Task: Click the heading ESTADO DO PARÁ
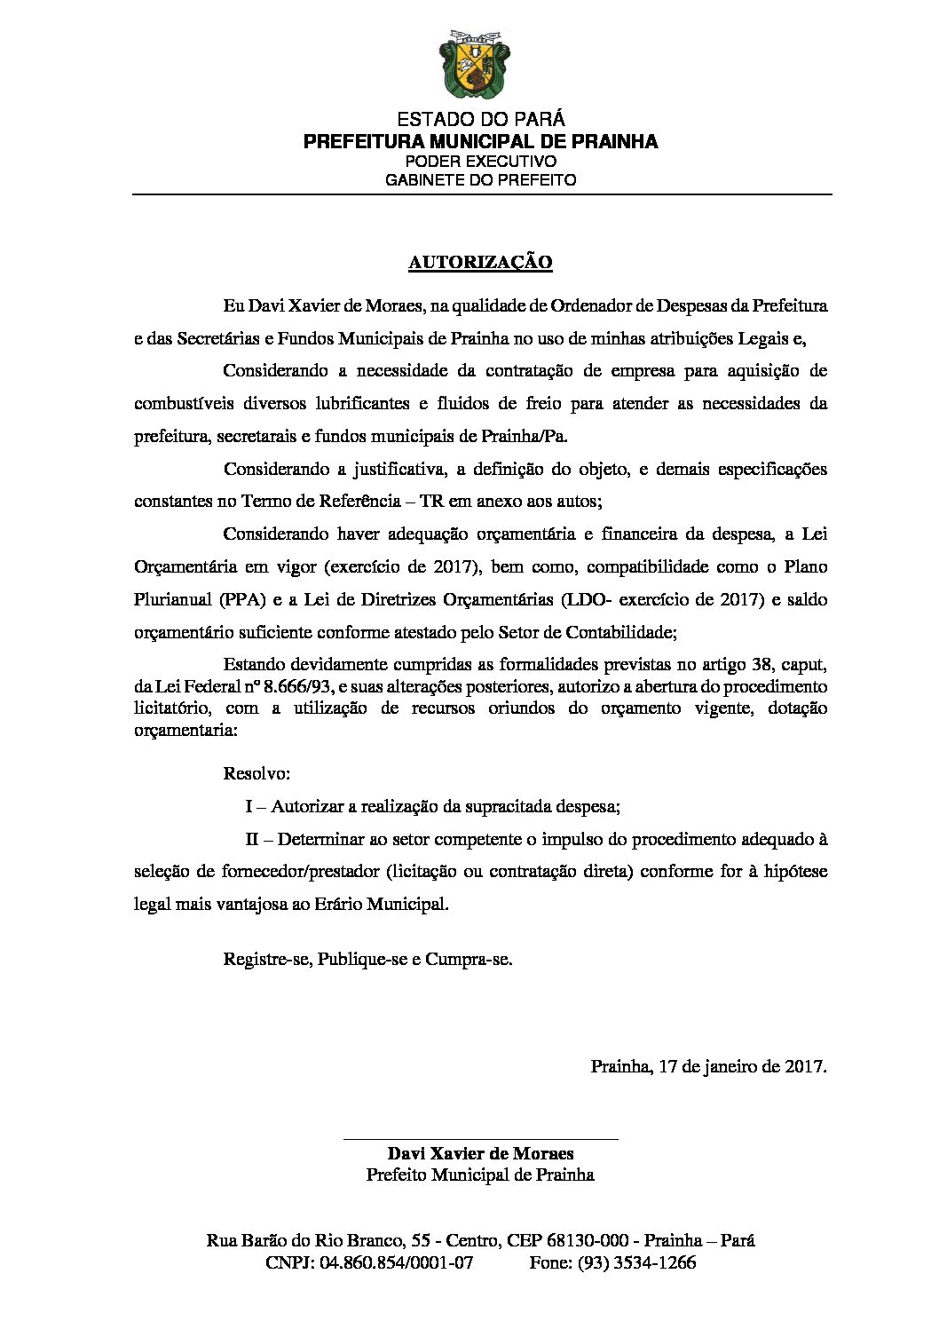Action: (480, 119)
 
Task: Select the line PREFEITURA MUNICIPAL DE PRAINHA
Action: (480, 141)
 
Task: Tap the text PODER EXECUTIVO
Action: (480, 162)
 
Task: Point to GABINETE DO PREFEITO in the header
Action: (480, 180)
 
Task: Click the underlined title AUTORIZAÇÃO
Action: (480, 262)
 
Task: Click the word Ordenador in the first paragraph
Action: (589, 306)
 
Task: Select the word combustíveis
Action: (184, 404)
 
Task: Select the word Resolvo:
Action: (256, 773)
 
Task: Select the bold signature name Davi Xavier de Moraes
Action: (480, 1153)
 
